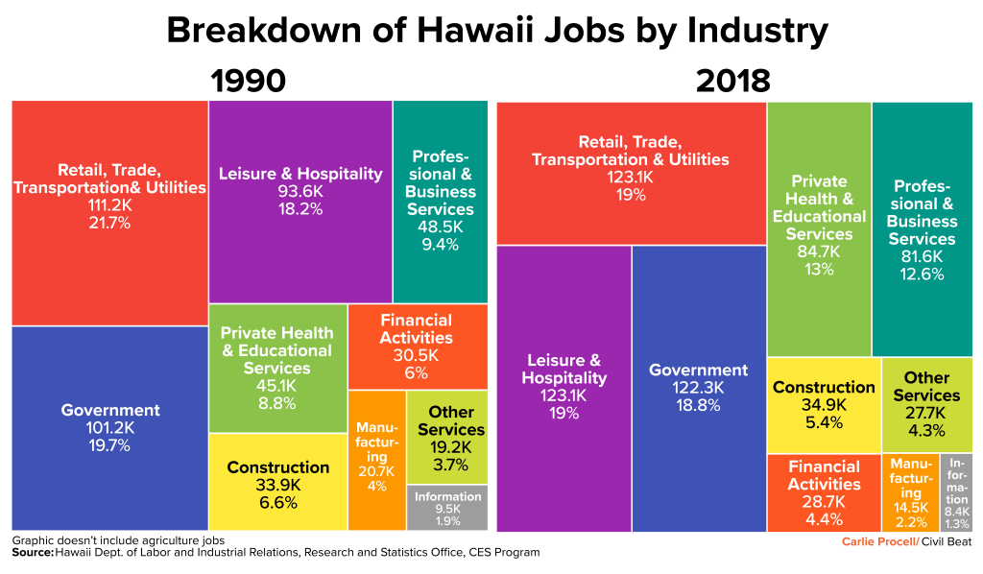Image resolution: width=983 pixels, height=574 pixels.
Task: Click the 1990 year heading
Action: (248, 81)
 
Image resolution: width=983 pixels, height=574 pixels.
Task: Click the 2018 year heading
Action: (732, 81)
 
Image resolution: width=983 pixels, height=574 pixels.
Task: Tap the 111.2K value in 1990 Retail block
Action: (108, 205)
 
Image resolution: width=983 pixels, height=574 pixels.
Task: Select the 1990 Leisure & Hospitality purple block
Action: (300, 240)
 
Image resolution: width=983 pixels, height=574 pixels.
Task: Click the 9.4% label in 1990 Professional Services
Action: (440, 244)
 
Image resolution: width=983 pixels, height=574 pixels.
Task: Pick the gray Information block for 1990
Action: (447, 508)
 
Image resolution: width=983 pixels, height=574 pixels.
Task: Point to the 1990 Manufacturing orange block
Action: (376, 459)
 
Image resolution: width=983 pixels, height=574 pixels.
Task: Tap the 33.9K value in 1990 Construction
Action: (278, 485)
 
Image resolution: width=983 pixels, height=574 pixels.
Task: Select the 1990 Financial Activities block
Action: (417, 346)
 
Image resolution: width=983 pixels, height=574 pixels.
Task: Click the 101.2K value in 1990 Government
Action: (109, 428)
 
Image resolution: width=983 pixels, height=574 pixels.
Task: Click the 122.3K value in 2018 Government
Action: (698, 388)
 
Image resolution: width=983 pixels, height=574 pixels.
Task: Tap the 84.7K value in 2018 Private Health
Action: (819, 251)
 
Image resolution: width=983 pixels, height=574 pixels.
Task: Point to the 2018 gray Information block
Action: (956, 492)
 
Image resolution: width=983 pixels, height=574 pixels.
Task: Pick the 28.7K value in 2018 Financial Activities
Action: (823, 502)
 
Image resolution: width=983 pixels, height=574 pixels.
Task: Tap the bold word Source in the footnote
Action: (32, 552)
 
